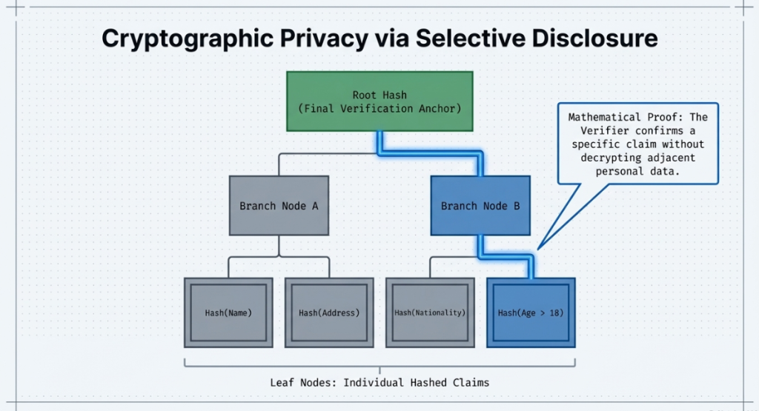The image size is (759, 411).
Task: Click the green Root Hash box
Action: pos(379,101)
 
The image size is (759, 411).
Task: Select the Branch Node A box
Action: pos(279,205)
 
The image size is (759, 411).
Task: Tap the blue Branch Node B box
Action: pos(480,205)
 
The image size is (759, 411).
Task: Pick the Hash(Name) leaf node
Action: pos(228,313)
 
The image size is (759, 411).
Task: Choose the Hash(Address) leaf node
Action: pos(329,313)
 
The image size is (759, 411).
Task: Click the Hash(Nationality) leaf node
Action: pos(430,313)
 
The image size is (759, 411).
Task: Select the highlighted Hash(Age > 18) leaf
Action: pos(531,313)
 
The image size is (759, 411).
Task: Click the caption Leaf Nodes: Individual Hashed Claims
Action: pos(379,383)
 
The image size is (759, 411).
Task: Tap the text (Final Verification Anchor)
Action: pos(379,109)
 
